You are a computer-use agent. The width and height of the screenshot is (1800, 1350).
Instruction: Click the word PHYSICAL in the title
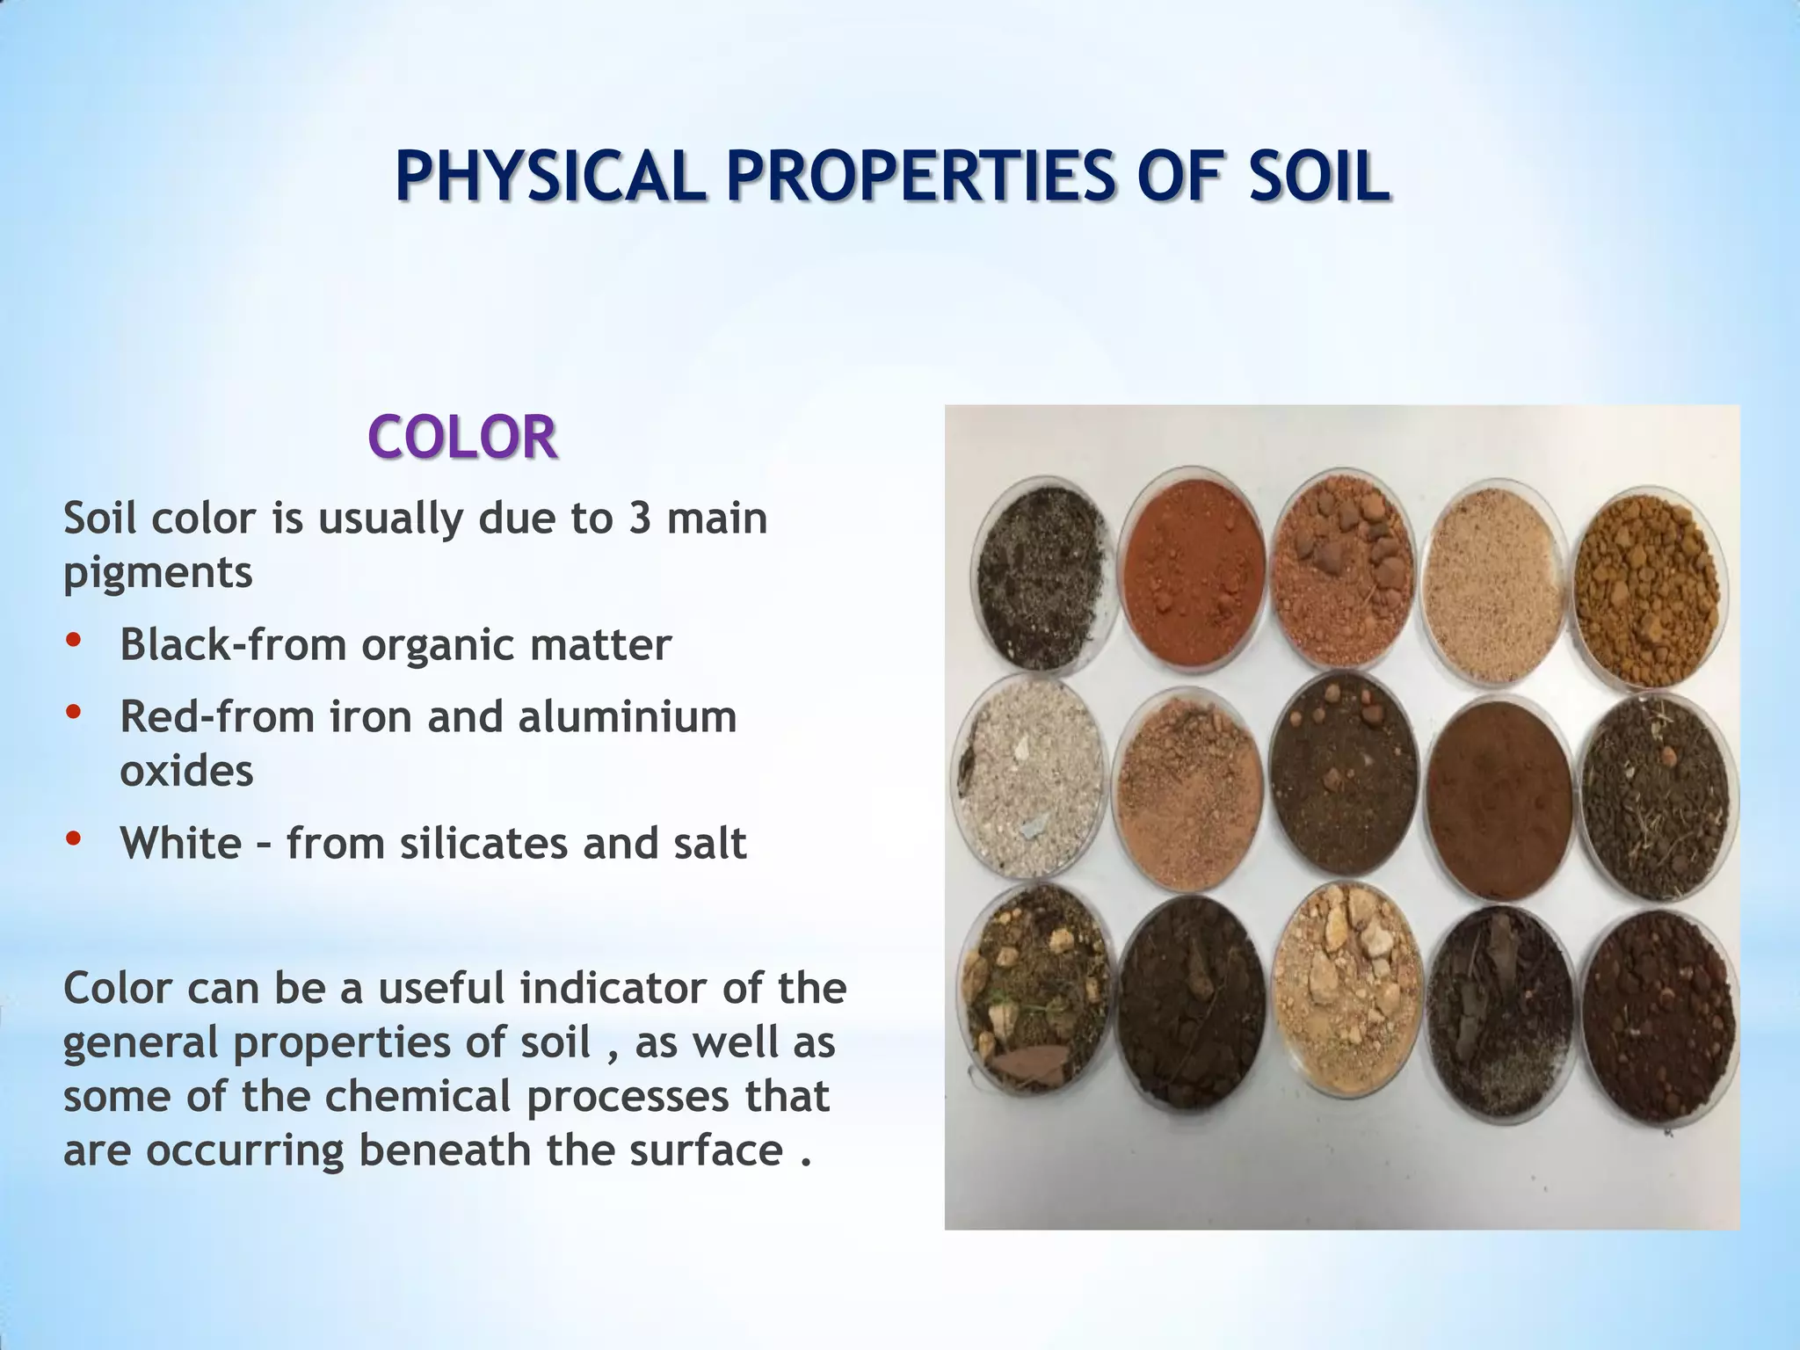(x=549, y=177)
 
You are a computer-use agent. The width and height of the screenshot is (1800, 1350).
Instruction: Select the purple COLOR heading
(x=462, y=437)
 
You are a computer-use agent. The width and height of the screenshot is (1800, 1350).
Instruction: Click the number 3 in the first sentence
(x=639, y=518)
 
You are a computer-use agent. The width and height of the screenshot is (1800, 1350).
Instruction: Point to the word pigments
(x=158, y=574)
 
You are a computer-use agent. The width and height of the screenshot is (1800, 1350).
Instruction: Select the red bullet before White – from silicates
(x=74, y=839)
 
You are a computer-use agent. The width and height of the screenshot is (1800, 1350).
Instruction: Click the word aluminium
(x=627, y=716)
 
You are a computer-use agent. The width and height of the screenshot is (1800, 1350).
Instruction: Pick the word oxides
(x=186, y=771)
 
